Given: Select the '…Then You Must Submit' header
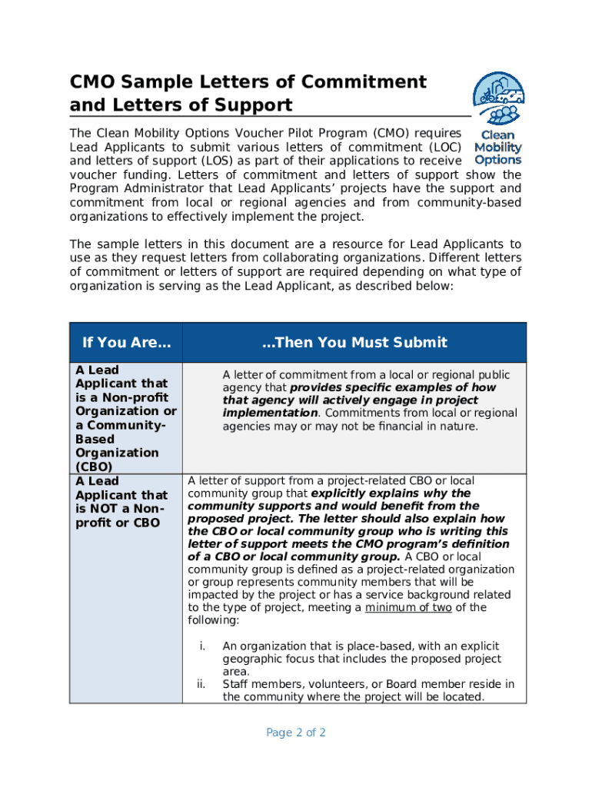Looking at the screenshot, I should (354, 343).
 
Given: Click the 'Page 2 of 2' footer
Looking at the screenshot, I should (296, 732).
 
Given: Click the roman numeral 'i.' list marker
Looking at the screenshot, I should (203, 646).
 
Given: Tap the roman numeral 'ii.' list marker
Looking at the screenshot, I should (201, 684).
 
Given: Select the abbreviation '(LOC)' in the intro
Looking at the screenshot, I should (445, 147).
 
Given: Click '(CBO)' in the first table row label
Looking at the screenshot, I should (94, 467).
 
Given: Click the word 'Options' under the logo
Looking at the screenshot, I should (497, 160).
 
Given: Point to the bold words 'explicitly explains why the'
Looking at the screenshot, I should (390, 493).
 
